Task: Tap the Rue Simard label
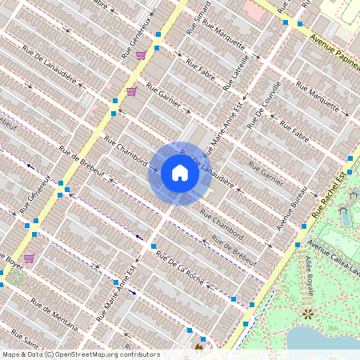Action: (x=199, y=18)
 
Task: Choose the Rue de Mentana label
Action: (x=54, y=314)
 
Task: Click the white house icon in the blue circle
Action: (x=180, y=174)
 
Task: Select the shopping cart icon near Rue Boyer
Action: (x=29, y=258)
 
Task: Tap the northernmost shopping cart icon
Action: (x=141, y=55)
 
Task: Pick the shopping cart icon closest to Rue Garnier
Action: (x=131, y=91)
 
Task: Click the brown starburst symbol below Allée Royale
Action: (x=307, y=314)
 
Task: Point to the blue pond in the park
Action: (x=324, y=340)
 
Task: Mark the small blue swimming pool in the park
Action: (x=345, y=216)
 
